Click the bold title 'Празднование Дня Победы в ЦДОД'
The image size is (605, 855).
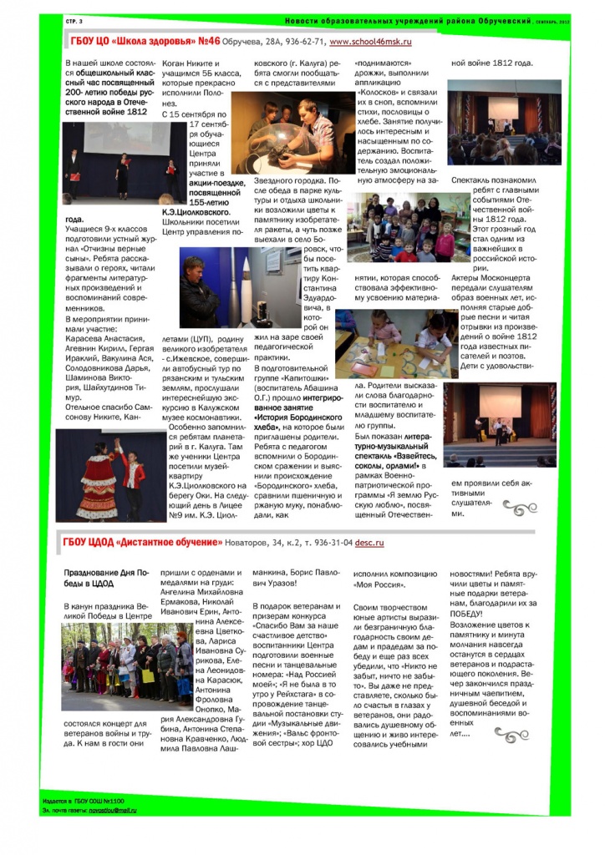(97, 578)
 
